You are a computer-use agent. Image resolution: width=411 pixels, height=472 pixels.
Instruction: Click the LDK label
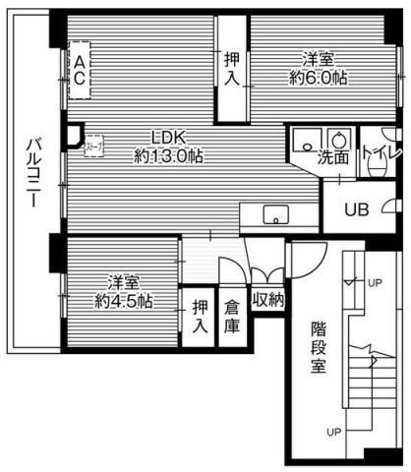pos(168,138)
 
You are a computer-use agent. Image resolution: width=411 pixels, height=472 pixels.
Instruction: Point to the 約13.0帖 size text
pos(168,155)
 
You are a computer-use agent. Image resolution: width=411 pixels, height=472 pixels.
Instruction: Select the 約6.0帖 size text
pos(318,78)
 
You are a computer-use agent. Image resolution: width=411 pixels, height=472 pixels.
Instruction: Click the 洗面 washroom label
pos(332,156)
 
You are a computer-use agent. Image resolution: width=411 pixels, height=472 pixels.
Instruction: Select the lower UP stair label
pos(333,432)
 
